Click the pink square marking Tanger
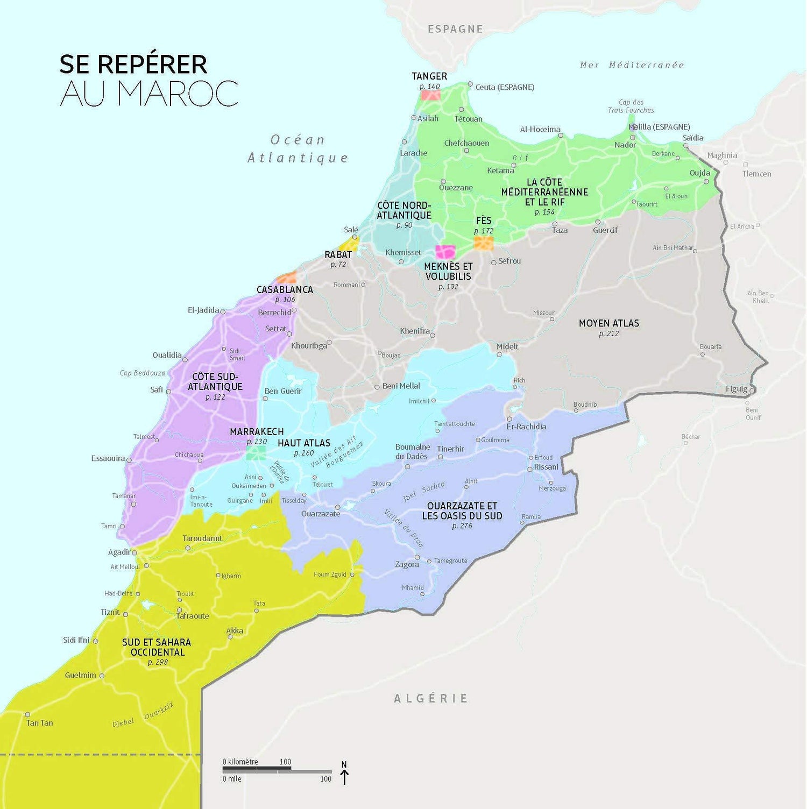(430, 95)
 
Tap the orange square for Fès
(483, 243)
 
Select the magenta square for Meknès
(445, 252)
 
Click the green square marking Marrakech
(256, 453)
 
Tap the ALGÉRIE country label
(431, 698)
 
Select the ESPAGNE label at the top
(455, 29)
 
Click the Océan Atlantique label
(298, 149)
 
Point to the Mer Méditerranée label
(632, 65)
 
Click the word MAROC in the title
(149, 94)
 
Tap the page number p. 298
(158, 662)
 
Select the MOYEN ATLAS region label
(609, 323)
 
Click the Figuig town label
(737, 389)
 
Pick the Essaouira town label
(108, 459)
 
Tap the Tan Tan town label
(40, 723)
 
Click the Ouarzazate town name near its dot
(321, 514)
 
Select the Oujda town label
(700, 173)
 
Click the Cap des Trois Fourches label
(631, 106)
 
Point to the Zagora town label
(407, 564)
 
